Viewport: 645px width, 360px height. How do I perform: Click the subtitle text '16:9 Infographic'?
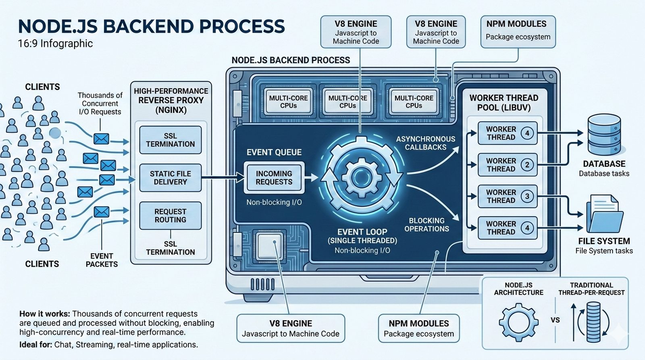coord(55,44)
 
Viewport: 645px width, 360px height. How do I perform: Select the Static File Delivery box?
coord(170,178)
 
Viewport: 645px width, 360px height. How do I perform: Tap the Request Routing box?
coord(170,216)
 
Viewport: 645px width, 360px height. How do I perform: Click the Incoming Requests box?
coord(274,178)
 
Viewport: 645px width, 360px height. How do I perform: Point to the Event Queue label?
coord(274,152)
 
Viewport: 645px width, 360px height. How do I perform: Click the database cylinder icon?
coord(604,135)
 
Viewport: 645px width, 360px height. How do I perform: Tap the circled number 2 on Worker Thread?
coord(527,165)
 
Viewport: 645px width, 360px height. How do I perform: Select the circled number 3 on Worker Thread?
coord(527,196)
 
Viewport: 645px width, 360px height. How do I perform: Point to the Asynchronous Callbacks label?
coord(426,143)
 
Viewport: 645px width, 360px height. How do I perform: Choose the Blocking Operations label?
coord(427,225)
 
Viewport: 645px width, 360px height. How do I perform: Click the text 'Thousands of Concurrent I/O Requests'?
coord(100,104)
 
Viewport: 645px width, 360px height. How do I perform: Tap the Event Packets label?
coord(102,260)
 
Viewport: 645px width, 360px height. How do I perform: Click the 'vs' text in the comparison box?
coord(555,320)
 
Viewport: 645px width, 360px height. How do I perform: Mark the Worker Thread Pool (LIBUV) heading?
coord(504,103)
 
